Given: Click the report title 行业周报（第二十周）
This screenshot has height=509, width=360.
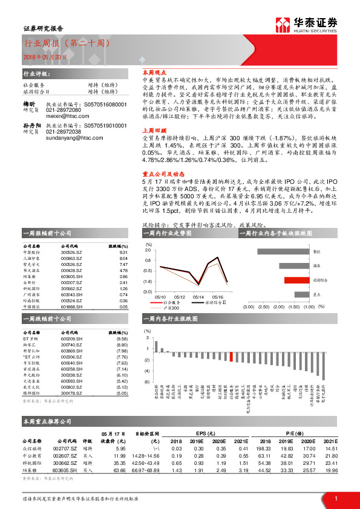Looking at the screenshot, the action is (x=65, y=44).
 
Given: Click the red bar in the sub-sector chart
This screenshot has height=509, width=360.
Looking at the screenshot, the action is (x=296, y=280).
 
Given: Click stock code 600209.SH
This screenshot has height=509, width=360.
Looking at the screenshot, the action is (x=71, y=339).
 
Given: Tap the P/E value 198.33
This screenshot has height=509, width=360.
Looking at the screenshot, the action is (x=263, y=449).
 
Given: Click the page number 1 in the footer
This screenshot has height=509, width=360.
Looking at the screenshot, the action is (x=336, y=498).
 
